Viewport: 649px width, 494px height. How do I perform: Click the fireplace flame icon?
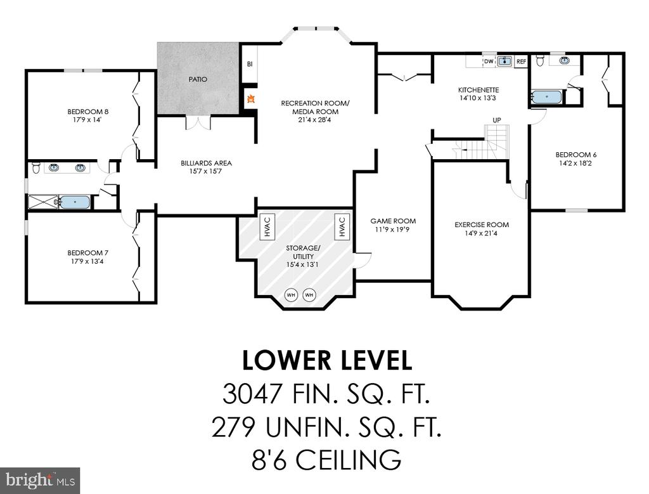[250, 99]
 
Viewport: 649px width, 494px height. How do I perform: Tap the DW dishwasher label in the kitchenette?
[489, 62]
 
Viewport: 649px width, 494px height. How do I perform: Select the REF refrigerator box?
[521, 62]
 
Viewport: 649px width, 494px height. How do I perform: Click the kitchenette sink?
[504, 62]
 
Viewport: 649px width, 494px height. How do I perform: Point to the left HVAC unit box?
[267, 227]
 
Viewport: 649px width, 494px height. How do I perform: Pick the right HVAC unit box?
[342, 227]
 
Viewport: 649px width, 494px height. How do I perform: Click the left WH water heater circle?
[291, 296]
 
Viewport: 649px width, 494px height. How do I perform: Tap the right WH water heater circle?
[309, 296]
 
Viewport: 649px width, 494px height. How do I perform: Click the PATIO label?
[198, 79]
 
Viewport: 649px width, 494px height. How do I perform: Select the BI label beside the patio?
[250, 64]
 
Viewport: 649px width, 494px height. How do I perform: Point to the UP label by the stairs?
[497, 120]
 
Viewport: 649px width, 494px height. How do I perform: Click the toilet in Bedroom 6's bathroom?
[540, 60]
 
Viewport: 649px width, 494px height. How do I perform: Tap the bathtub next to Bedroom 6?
[547, 97]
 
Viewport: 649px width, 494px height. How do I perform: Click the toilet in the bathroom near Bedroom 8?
[36, 168]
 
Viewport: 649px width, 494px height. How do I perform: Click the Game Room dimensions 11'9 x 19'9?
[393, 230]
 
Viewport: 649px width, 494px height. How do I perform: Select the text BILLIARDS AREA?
[206, 163]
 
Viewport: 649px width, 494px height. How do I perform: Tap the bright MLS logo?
[40, 481]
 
